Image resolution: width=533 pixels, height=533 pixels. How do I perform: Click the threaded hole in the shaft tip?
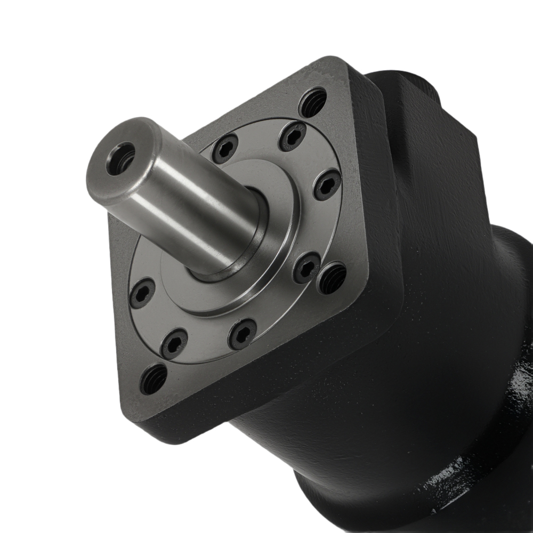[x=119, y=159]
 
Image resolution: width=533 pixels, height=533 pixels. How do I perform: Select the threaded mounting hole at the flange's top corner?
[x=313, y=102]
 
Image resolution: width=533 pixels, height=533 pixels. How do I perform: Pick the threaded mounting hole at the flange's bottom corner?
[x=154, y=379]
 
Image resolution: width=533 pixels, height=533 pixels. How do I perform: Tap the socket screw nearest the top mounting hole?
[x=293, y=136]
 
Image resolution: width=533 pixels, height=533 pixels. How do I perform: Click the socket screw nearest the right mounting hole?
[x=307, y=268]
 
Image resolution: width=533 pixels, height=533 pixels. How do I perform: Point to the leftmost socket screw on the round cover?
[x=142, y=293]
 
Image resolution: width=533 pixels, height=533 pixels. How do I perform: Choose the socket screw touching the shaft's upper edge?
[x=225, y=149]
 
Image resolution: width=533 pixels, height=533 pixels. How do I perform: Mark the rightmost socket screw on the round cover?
[x=327, y=184]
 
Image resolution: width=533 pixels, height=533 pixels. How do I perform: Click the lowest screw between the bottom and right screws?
[x=242, y=334]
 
